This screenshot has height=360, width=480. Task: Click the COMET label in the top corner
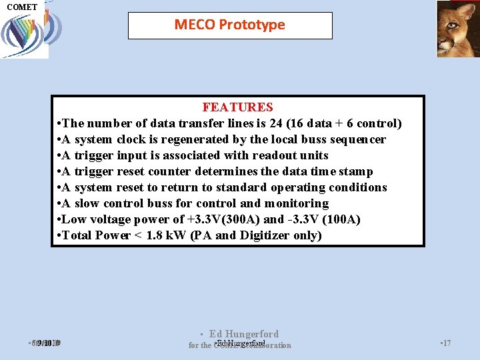tap(22, 7)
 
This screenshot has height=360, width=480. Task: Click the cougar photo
tap(457, 29)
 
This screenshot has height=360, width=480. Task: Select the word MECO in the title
tap(195, 25)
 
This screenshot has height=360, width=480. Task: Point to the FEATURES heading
tap(237, 107)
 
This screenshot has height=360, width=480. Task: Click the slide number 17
tap(446, 343)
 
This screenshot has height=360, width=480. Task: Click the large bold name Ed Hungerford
tap(243, 334)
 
